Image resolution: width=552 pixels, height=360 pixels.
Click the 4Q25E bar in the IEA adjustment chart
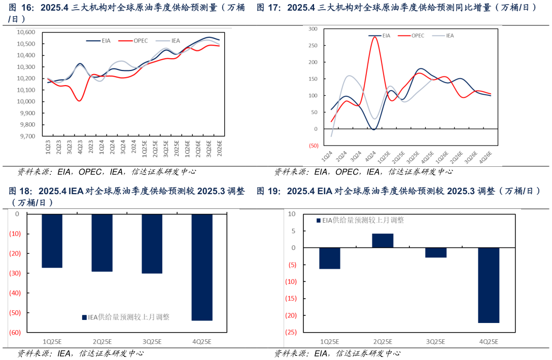202,267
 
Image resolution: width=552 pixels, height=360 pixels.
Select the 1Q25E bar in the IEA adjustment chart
52,241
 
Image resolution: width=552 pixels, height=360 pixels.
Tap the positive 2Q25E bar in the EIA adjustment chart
383,240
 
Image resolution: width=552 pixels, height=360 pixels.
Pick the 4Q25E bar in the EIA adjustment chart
489,285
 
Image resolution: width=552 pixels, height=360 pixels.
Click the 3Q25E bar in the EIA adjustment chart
436,253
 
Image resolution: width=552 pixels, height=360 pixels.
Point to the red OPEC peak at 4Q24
375,37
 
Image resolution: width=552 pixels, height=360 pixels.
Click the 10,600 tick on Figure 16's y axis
25,32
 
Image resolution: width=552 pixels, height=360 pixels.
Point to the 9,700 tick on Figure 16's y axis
27,136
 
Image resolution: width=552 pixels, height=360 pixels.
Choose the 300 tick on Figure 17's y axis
313,29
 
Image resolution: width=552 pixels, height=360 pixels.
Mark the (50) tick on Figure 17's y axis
313,146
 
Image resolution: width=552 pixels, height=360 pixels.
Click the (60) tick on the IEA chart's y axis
14,332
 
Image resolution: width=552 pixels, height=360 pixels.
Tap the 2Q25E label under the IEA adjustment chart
102,342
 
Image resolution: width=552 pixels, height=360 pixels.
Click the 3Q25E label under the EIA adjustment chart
436,342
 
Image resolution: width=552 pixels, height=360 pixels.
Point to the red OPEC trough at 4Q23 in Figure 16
80,100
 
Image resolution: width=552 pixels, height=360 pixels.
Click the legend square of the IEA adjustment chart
84,317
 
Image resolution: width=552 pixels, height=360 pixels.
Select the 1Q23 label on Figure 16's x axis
49,147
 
